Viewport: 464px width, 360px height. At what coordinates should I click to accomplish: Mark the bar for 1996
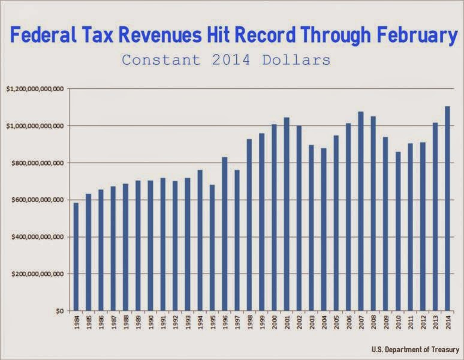click(x=225, y=234)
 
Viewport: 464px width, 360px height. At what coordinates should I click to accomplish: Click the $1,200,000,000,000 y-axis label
click(x=34, y=89)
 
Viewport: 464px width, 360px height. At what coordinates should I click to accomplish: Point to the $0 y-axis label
click(x=59, y=311)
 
